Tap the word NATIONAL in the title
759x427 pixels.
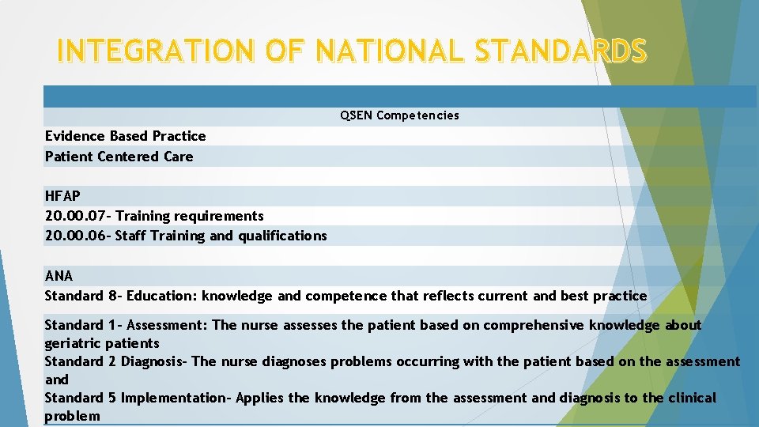tap(381, 51)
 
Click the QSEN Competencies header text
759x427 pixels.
tap(399, 115)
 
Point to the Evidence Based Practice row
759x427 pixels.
tap(125, 136)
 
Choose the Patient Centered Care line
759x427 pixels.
tap(119, 157)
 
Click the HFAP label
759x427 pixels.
tap(62, 195)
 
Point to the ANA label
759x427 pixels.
tap(59, 276)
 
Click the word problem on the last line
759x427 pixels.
tap(72, 416)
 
